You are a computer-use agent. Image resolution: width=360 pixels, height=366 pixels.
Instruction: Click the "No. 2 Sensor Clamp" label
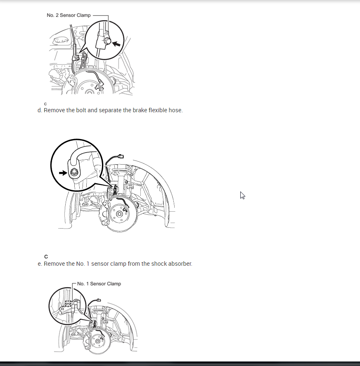click(x=69, y=15)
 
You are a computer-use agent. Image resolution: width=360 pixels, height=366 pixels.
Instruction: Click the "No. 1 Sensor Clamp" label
click(x=99, y=283)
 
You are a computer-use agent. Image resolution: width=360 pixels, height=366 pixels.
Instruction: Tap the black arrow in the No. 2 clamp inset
click(x=116, y=44)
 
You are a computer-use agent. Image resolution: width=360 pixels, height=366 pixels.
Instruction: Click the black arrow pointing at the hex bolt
click(x=63, y=173)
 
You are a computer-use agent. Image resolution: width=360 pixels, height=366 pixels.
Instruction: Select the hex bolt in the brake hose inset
click(x=74, y=172)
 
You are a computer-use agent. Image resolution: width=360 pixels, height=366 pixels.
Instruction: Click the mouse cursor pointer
click(x=242, y=195)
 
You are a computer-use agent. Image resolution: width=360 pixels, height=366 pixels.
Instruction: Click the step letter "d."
click(x=40, y=110)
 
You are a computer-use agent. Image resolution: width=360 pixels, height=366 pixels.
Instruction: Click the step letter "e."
click(x=40, y=264)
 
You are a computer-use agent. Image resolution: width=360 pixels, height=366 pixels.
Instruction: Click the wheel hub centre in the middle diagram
click(x=119, y=214)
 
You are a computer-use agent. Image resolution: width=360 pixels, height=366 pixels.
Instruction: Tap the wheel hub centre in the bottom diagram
click(x=98, y=342)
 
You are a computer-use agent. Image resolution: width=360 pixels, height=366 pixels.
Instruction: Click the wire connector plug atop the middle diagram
click(x=121, y=156)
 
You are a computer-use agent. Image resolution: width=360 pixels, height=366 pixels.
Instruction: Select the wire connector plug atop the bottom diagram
click(x=99, y=300)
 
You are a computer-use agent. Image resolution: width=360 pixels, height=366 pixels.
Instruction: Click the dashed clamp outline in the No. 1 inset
click(x=68, y=303)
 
